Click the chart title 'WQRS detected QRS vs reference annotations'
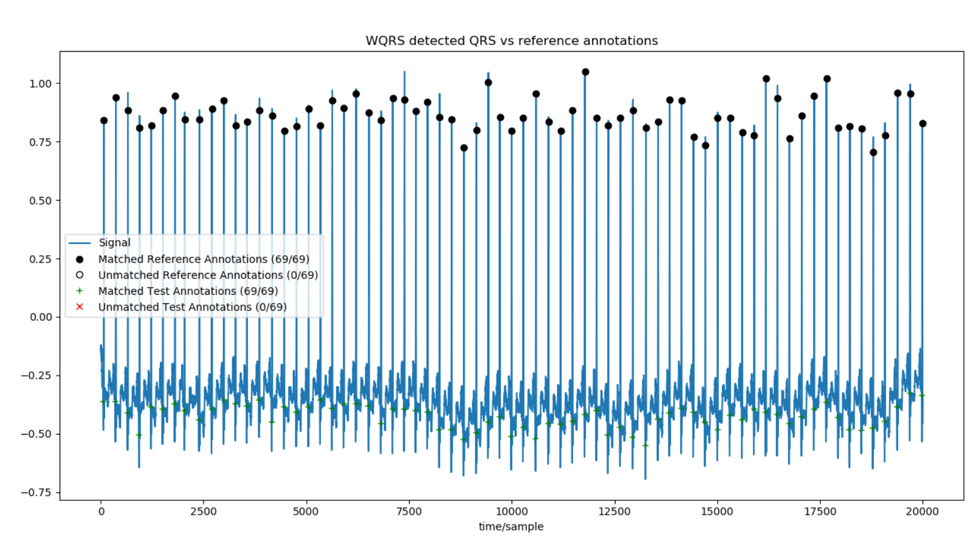coord(511,41)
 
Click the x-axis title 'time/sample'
coord(510,526)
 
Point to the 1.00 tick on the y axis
coord(41,84)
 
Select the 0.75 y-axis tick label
coord(41,142)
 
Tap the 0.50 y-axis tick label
coord(41,201)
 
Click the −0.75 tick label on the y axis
coord(38,492)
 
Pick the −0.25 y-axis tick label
coord(38,376)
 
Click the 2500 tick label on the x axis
coord(203,512)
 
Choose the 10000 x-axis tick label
coord(512,512)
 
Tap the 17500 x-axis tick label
coord(820,512)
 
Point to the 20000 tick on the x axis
coord(922,512)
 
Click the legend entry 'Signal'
coord(114,243)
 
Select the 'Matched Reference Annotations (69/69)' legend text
coord(204,259)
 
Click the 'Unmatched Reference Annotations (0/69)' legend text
coord(208,275)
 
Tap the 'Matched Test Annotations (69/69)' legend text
coord(188,291)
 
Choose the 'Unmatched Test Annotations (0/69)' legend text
coord(192,307)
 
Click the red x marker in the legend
coord(80,307)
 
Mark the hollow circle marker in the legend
coord(80,275)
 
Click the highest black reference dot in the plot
coord(585,72)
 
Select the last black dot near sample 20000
coord(922,123)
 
